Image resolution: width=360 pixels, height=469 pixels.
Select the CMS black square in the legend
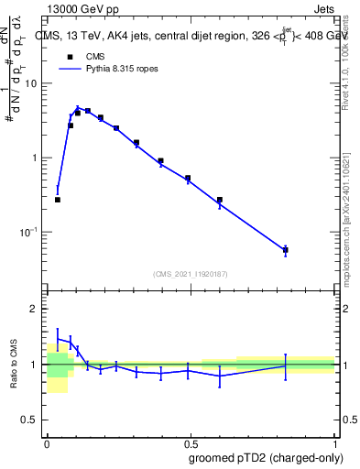70,56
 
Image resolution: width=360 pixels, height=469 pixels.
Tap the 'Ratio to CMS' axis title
15,365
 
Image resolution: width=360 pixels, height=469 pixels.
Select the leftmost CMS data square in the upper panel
58,199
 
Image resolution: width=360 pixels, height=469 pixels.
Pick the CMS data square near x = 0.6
220,200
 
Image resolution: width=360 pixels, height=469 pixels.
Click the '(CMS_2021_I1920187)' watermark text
191,273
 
